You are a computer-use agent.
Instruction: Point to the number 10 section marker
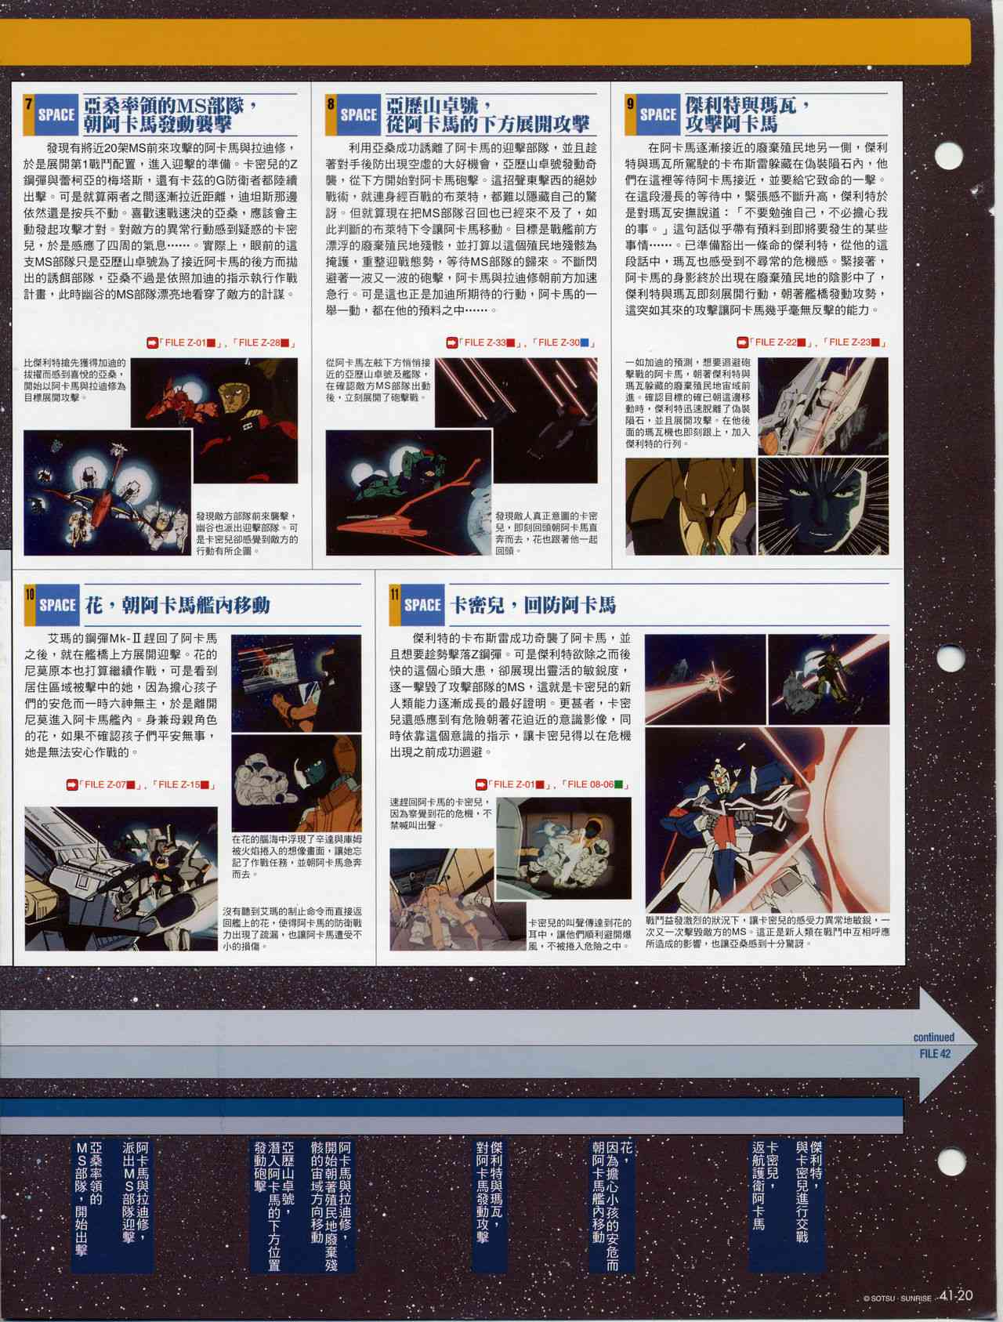point(30,594)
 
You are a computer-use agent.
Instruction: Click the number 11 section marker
point(396,594)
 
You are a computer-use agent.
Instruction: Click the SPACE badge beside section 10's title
point(57,605)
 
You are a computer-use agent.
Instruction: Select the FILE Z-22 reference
point(773,342)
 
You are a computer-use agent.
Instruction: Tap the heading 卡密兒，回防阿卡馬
point(533,605)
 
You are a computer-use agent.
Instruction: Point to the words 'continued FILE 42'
point(933,1045)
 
